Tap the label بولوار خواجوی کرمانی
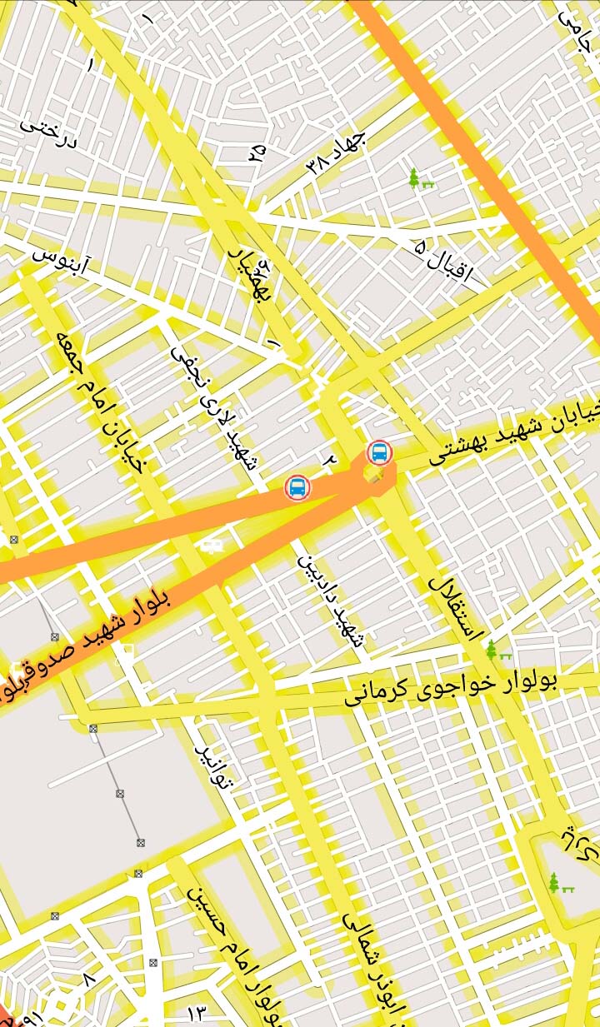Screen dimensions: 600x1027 pyautogui.click(x=451, y=686)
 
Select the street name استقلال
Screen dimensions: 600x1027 pyautogui.click(x=455, y=606)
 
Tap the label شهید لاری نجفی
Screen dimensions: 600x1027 pyautogui.click(x=214, y=408)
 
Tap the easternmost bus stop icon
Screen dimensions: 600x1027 pyautogui.click(x=379, y=452)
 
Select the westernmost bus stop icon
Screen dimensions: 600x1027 pyautogui.click(x=297, y=487)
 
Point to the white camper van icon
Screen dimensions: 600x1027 pyautogui.click(x=210, y=546)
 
